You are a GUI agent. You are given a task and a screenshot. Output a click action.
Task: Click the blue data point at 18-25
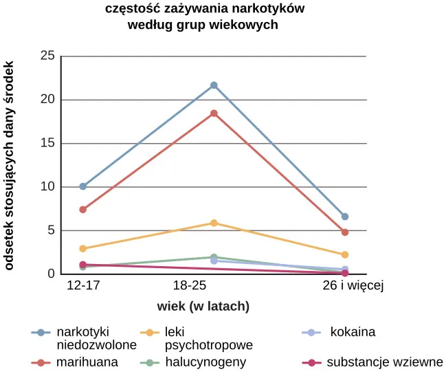(214, 85)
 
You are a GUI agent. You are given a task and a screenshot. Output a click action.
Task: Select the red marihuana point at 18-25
(214, 113)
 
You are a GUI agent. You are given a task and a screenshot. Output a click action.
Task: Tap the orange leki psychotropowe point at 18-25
(214, 223)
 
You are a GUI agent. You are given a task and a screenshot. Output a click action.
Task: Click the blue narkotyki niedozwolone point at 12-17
(82, 186)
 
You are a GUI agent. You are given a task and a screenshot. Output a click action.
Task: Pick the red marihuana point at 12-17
(82, 210)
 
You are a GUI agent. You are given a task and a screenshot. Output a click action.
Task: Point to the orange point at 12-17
(82, 248)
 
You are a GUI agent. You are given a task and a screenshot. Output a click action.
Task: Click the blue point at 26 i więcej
(344, 217)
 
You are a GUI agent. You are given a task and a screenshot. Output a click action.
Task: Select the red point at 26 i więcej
(344, 232)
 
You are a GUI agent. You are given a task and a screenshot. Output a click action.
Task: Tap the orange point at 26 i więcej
(344, 254)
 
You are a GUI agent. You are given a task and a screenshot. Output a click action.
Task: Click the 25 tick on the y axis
(47, 56)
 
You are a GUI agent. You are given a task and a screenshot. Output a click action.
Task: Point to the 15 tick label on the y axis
(47, 143)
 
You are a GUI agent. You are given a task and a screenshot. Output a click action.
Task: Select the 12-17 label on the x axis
(82, 285)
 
